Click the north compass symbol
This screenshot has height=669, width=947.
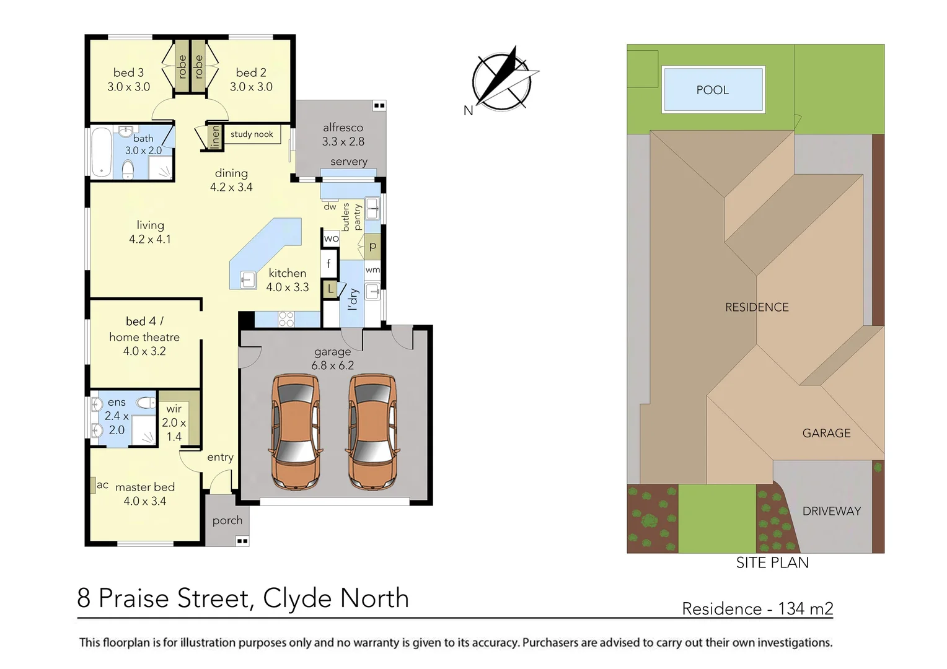[x=501, y=81]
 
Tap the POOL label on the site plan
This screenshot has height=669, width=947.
[x=712, y=90]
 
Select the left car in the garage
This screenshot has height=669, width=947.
[x=296, y=431]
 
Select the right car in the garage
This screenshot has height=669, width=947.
[x=372, y=431]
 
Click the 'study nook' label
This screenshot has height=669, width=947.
[x=252, y=134]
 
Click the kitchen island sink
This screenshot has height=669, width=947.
[x=247, y=280]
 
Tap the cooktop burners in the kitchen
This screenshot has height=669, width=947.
[x=286, y=319]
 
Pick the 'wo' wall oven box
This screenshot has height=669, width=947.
[x=331, y=238]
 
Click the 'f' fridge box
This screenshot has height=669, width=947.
[x=328, y=264]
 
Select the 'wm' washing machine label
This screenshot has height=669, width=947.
[x=372, y=270]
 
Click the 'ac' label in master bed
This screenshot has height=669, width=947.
[x=102, y=485]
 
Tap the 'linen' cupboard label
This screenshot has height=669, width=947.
[x=215, y=136]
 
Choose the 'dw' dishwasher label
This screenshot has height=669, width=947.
[x=330, y=207]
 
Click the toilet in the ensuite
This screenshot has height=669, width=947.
[x=146, y=403]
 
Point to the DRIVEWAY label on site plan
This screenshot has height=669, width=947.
[x=831, y=512]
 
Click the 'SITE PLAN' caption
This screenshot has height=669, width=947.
[x=772, y=563]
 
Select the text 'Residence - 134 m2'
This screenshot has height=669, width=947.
[x=757, y=609]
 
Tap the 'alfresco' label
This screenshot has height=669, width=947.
[x=343, y=128]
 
